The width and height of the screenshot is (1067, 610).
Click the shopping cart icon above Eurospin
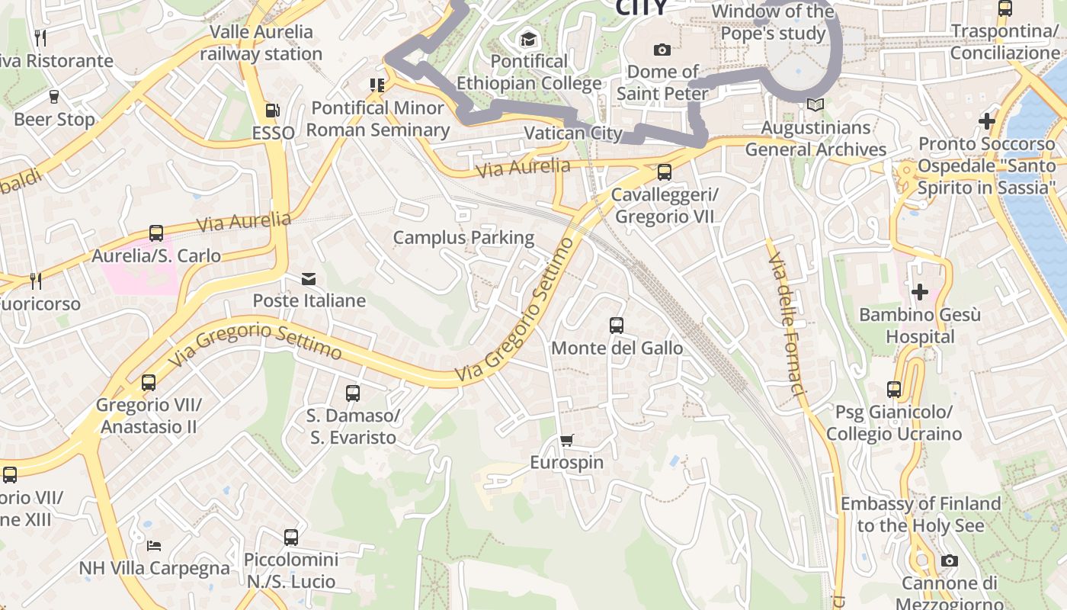566,441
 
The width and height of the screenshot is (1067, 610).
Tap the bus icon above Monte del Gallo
617,326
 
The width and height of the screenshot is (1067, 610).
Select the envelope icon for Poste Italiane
309,279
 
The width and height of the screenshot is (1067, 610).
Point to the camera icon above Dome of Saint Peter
662,50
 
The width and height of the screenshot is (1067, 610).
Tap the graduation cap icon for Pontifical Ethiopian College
528,39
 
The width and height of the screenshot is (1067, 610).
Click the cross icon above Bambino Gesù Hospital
920,292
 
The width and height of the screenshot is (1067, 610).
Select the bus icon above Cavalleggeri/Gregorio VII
665,172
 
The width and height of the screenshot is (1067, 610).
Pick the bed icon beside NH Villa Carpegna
154,546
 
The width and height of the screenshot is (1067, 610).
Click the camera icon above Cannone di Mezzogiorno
949,561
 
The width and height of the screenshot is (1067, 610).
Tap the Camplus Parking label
463,238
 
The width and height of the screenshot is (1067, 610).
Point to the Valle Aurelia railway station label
261,43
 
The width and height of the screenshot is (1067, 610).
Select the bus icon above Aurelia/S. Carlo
156,233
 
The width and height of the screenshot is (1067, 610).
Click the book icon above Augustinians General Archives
815,105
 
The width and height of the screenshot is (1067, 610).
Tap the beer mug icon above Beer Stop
54,97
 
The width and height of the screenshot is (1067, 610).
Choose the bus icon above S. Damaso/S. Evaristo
353,393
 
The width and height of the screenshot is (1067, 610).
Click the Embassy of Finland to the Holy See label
920,515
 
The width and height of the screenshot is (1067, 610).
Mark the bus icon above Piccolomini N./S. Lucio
291,538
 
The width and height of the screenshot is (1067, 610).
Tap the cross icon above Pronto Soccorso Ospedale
987,121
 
